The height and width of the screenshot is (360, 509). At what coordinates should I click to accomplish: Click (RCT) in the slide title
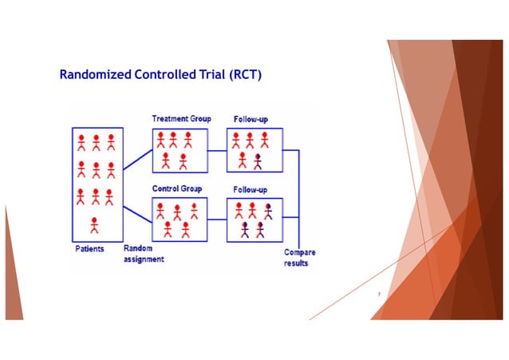click(x=244, y=76)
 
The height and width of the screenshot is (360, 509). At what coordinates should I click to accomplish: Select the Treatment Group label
click(x=181, y=119)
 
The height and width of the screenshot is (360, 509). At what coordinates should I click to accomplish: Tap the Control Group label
click(x=177, y=189)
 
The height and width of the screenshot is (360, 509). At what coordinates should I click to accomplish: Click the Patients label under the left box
click(x=85, y=249)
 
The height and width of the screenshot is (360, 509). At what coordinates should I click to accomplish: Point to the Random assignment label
click(x=143, y=255)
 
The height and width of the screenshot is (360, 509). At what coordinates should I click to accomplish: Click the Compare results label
click(x=299, y=258)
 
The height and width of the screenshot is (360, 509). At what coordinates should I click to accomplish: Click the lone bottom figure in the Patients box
click(x=95, y=226)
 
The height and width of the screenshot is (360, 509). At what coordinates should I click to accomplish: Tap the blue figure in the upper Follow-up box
click(x=258, y=161)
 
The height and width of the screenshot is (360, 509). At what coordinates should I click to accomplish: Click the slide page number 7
click(x=379, y=296)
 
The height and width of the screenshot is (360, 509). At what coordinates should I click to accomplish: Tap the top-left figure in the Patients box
click(x=81, y=143)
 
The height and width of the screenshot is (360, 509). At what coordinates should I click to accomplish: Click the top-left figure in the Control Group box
click(x=161, y=211)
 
